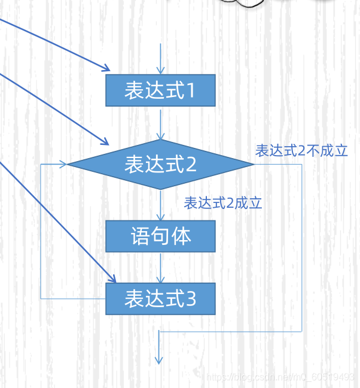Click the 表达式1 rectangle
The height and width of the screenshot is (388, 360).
click(x=160, y=90)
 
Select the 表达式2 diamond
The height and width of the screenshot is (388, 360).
click(x=160, y=164)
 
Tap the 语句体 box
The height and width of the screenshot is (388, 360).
click(x=160, y=236)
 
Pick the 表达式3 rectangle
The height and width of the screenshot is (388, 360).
click(x=160, y=298)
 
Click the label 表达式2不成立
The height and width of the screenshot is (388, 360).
click(x=301, y=150)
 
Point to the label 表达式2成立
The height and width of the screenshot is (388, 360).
click(x=223, y=203)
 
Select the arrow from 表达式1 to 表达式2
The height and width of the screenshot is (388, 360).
click(x=160, y=123)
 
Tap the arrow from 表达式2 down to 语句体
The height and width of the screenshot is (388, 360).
click(x=160, y=205)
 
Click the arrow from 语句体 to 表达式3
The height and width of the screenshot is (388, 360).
click(x=160, y=267)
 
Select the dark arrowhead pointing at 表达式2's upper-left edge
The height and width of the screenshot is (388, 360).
click(x=104, y=143)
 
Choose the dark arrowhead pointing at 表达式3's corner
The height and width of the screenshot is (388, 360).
click(x=111, y=278)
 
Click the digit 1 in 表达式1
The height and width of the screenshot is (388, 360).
click(x=191, y=91)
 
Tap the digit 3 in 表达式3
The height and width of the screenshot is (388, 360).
click(x=191, y=299)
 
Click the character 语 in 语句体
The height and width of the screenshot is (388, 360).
click(x=139, y=236)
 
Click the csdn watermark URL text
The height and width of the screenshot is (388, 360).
click(x=280, y=377)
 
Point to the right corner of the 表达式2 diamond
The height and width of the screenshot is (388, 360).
click(x=254, y=164)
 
